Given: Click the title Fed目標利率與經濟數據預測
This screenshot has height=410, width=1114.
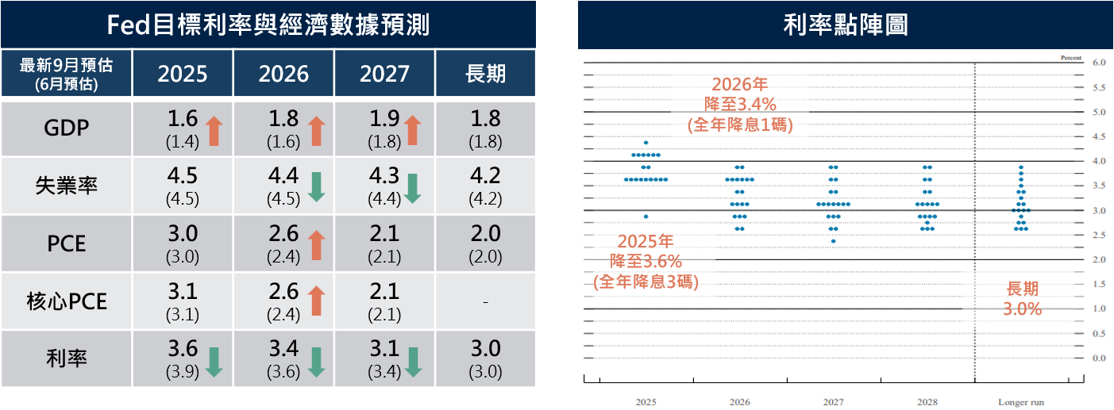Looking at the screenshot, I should coord(268,25).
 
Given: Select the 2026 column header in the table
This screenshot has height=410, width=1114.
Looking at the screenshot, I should coord(283,74).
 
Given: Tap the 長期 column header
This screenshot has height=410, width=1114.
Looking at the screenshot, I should coord(484,74).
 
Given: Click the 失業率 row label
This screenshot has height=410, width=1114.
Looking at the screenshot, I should coord(67,186).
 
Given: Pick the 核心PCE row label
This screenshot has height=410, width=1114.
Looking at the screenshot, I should coord(67,301).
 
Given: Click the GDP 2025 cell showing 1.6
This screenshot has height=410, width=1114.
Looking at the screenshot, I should coord(183,120).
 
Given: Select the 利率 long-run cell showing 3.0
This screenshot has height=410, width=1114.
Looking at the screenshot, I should coord(484,349).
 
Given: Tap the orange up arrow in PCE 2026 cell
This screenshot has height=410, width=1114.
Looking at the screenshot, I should coord(316,243).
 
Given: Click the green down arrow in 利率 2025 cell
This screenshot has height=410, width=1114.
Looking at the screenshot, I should coord(213,361).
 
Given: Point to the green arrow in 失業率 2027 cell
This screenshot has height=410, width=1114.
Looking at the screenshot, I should coord(411,188).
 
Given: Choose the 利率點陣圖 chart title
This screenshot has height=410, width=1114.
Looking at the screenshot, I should coord(845,25).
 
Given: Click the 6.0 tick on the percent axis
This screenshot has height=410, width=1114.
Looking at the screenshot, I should coord(1099,62).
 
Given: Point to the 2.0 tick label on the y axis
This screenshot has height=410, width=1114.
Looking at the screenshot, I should coord(1099,259).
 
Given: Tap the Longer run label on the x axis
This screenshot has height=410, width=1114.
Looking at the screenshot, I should coord(1020,402).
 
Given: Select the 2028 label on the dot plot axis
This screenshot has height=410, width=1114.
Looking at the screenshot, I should coord(927,402).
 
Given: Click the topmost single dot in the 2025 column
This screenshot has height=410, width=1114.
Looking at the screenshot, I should coord(646,143).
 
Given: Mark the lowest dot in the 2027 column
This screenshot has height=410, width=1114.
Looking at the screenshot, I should coord(833,241).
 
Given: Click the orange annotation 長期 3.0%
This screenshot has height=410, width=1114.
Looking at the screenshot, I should coord(1022,300).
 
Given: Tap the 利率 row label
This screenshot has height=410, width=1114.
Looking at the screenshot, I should coord(67,358).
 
